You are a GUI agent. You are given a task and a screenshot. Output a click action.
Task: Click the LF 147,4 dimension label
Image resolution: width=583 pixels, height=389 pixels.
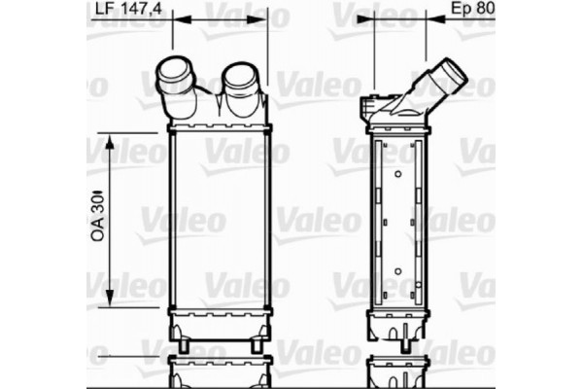point(128,10)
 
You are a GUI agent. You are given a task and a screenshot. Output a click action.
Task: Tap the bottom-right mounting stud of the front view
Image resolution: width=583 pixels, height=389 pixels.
point(256,346)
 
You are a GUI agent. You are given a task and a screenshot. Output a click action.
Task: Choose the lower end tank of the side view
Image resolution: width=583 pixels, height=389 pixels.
point(398,325)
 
